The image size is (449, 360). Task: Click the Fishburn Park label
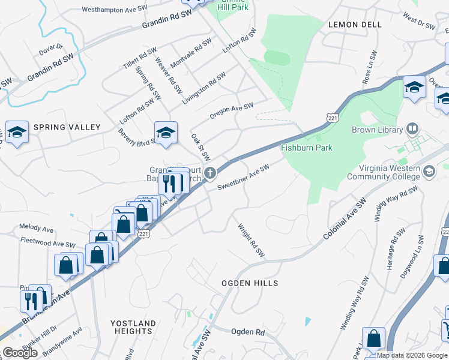coord(306,148)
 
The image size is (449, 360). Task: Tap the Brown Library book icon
coord(412,128)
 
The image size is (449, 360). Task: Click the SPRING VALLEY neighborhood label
coord(67,127)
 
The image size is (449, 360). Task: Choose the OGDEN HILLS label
coord(250,283)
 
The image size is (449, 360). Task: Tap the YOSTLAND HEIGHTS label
coord(133,327)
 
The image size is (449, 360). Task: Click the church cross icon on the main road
coord(209,173)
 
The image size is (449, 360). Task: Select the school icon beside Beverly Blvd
coord(166,132)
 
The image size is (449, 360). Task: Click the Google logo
coord(20,353)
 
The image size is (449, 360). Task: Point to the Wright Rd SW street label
coord(251,241)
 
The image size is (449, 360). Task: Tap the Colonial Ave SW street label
coord(345,220)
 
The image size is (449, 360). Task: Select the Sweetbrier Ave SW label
coord(243,176)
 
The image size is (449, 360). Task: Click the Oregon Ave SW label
coord(231,110)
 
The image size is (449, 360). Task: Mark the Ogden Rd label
coord(247,331)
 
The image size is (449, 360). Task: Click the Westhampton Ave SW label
coord(114,10)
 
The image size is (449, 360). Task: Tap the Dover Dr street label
coord(50,47)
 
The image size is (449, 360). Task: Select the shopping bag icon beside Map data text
coord(373,339)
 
